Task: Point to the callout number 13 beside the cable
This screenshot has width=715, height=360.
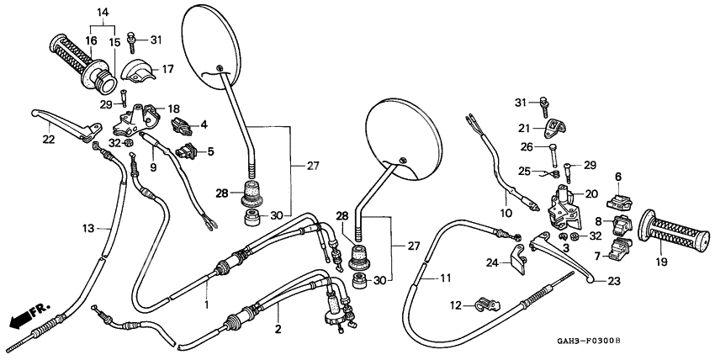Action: [89, 227]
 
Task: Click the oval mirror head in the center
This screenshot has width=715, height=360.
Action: [404, 140]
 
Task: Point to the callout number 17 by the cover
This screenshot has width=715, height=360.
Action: [167, 69]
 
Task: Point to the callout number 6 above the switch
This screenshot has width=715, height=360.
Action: [617, 177]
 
